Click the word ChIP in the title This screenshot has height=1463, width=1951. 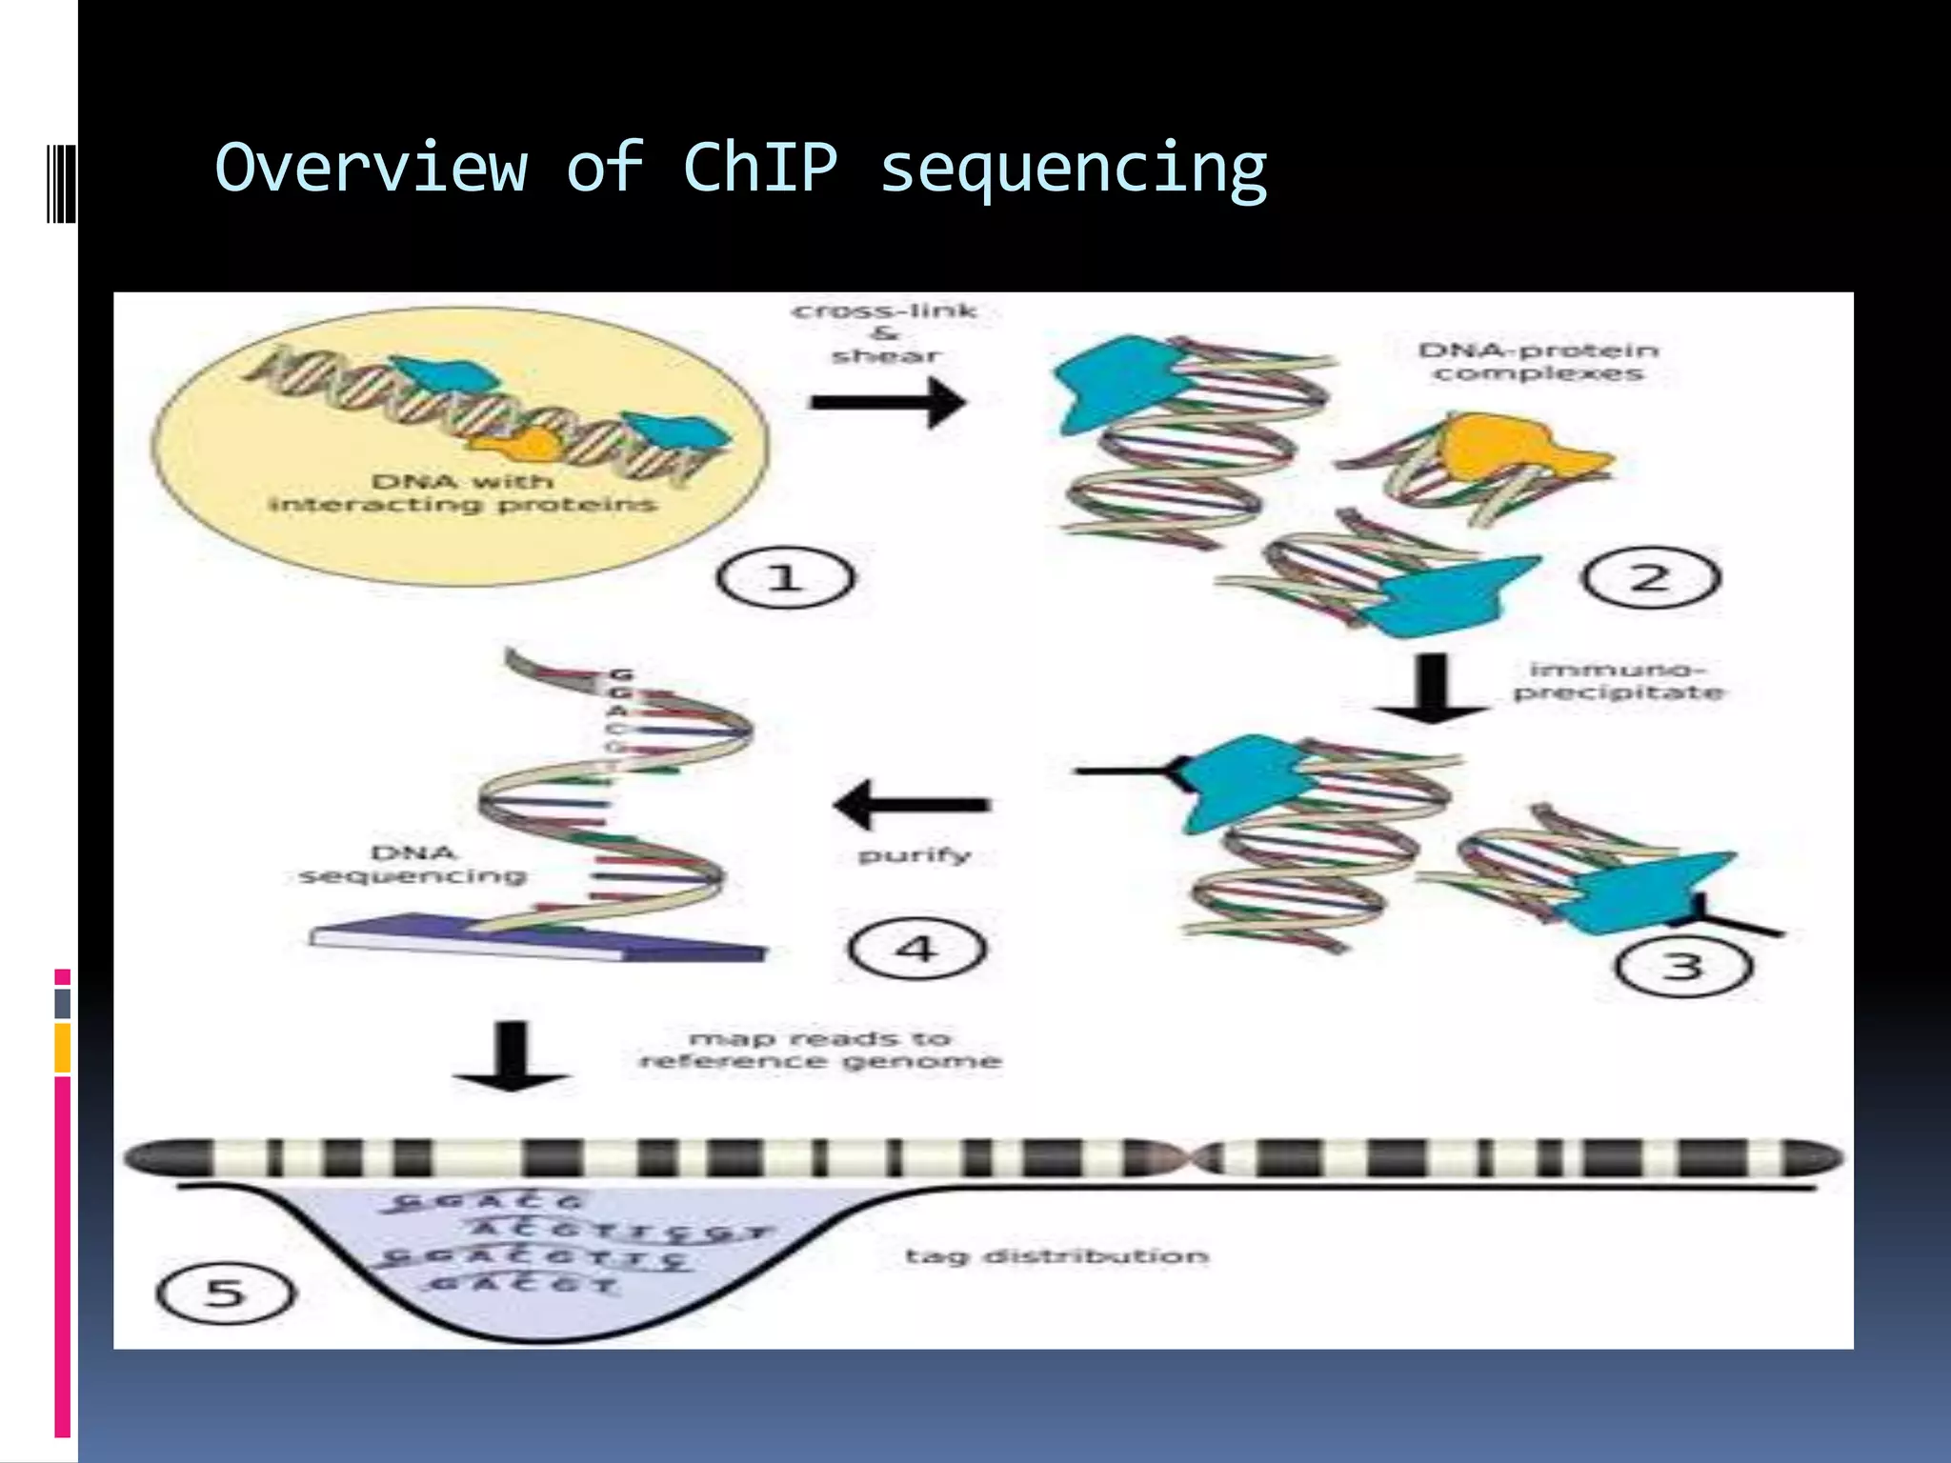click(x=760, y=168)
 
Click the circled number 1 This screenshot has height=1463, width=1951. click(x=785, y=578)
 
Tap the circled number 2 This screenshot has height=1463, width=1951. click(x=1651, y=578)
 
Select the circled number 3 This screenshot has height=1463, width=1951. click(x=1684, y=966)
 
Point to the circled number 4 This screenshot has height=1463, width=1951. click(x=916, y=949)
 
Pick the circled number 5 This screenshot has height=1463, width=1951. click(x=226, y=1293)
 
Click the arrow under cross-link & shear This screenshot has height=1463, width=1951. click(x=887, y=402)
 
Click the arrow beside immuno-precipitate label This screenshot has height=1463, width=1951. click(x=1431, y=688)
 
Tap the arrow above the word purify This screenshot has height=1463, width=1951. click(x=912, y=805)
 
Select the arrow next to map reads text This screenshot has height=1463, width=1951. click(x=512, y=1057)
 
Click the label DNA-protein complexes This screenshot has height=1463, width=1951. click(x=1539, y=362)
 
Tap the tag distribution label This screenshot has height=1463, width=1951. click(x=1056, y=1256)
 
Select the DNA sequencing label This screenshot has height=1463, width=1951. click(x=413, y=864)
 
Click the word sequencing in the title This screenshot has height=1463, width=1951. click(x=1073, y=168)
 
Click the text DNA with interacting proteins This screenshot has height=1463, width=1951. click(x=463, y=492)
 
